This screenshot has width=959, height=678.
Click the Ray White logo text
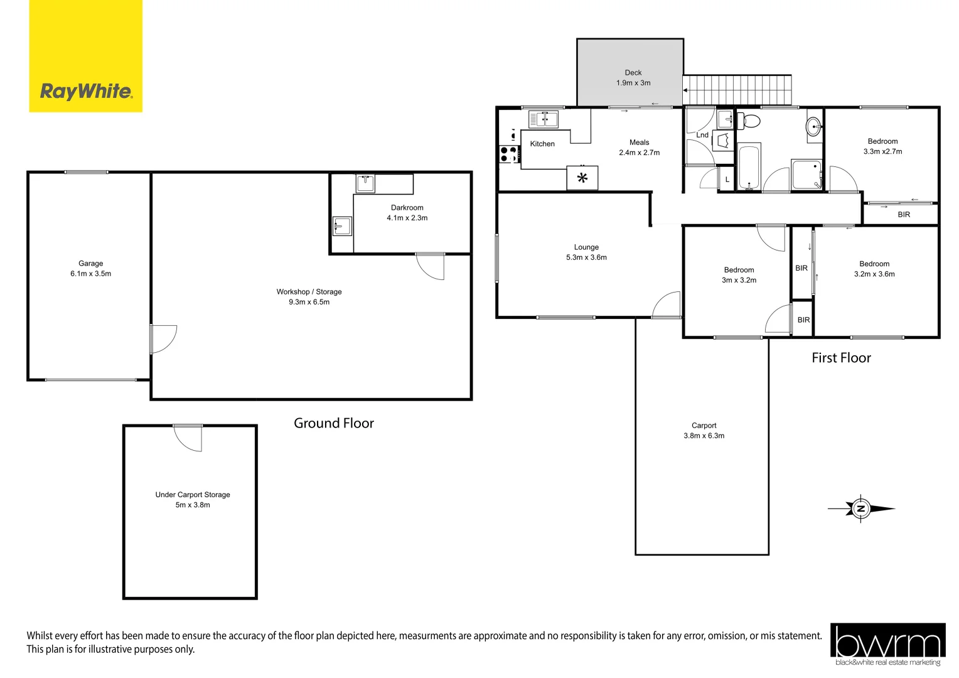(x=86, y=91)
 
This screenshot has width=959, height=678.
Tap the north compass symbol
(x=860, y=508)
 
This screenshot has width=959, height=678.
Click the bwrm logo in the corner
(x=887, y=644)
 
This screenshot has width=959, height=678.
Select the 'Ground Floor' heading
(x=333, y=423)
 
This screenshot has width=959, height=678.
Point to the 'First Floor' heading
(x=841, y=358)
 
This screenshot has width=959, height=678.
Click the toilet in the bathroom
(x=749, y=120)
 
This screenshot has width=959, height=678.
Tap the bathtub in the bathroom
(x=749, y=167)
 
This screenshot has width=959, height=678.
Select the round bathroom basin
(x=814, y=127)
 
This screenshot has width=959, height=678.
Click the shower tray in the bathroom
(x=806, y=175)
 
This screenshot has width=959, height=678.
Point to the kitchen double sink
(x=543, y=119)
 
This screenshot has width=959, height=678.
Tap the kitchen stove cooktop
(x=508, y=154)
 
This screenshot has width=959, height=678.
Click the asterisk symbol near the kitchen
(x=582, y=178)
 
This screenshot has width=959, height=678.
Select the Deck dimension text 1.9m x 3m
(x=633, y=83)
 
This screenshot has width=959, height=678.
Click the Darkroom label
(x=407, y=208)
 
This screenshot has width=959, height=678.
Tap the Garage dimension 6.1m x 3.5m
(x=90, y=274)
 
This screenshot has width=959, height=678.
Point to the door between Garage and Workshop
(x=163, y=339)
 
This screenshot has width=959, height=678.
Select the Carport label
(x=704, y=426)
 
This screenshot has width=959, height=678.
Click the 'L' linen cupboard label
(x=727, y=180)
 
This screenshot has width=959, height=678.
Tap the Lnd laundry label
(x=702, y=135)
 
